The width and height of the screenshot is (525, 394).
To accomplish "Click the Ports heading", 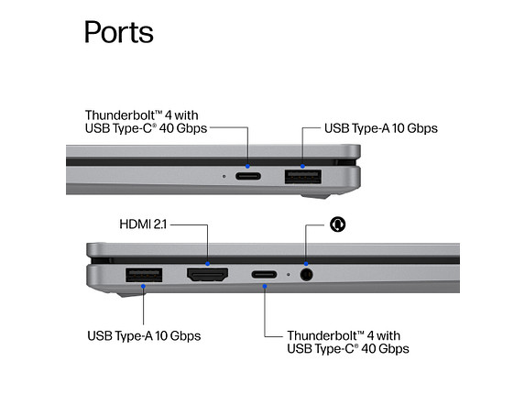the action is (x=118, y=32).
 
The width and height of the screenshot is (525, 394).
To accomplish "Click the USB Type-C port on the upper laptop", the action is (x=248, y=176).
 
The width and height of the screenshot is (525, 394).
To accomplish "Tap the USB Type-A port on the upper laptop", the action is (x=303, y=177).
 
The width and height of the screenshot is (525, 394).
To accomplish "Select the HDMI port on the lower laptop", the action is (x=208, y=275).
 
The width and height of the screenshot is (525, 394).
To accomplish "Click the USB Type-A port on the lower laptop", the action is (x=144, y=275).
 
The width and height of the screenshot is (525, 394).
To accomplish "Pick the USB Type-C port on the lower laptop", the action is (x=264, y=275).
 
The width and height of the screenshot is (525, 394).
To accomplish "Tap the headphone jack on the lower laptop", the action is (x=306, y=275).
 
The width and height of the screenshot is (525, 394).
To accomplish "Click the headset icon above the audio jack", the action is (x=337, y=224).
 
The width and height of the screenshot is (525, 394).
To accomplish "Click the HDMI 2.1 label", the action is (x=143, y=224).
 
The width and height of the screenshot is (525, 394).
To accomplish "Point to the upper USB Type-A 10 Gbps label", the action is (x=380, y=128).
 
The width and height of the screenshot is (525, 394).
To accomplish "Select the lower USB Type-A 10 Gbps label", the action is (x=144, y=335).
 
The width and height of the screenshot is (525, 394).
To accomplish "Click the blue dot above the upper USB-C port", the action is (x=247, y=166).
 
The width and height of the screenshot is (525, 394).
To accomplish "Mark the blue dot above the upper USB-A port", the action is (x=302, y=166).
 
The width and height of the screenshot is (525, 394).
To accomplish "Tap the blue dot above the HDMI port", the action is (x=208, y=264).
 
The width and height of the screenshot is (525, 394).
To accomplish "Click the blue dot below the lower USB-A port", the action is (x=143, y=286).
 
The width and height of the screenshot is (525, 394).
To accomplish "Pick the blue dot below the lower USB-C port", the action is (x=265, y=286).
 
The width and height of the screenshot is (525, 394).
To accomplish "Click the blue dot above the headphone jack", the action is (x=306, y=264).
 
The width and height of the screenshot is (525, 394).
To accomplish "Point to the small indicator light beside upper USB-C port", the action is (x=224, y=176).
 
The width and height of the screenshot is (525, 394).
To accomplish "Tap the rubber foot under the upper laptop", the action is (x=315, y=196).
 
